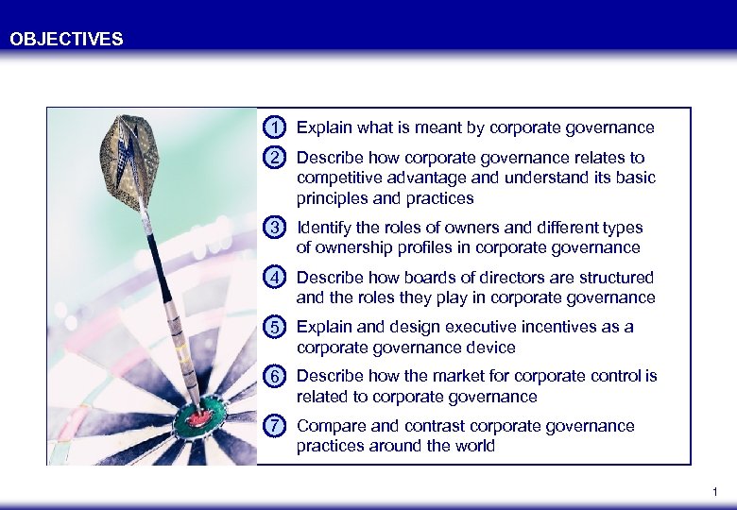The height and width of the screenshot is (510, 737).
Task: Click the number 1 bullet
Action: (x=274, y=127)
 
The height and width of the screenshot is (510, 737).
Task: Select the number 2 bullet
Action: (x=274, y=158)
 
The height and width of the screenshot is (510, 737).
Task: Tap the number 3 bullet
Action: (x=274, y=228)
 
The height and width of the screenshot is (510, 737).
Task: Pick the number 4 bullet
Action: (x=274, y=278)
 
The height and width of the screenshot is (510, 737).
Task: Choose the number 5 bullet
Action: (x=274, y=327)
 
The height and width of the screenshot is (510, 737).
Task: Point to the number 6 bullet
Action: (x=274, y=376)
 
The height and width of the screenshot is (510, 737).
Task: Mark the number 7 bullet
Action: (x=274, y=426)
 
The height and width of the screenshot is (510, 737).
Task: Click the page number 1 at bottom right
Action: (x=715, y=492)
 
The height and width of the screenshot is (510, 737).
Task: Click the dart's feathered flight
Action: (x=130, y=161)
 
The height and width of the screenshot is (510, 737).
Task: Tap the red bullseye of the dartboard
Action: (x=200, y=416)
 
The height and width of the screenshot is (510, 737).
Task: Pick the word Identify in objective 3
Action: (x=323, y=228)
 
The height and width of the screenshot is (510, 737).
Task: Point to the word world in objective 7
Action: (x=473, y=446)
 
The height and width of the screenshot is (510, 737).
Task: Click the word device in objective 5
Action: (x=492, y=347)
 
